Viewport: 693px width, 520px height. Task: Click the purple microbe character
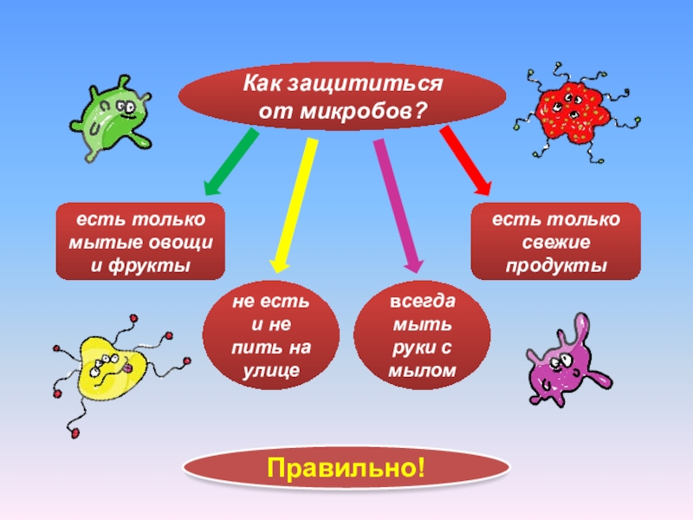[562, 361]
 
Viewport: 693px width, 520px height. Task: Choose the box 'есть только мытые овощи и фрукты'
[140, 241]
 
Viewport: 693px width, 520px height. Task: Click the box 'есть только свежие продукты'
[555, 241]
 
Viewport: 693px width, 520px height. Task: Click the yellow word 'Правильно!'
[346, 469]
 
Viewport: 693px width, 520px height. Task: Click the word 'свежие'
[555, 242]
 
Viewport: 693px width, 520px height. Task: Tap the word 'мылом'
[423, 371]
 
